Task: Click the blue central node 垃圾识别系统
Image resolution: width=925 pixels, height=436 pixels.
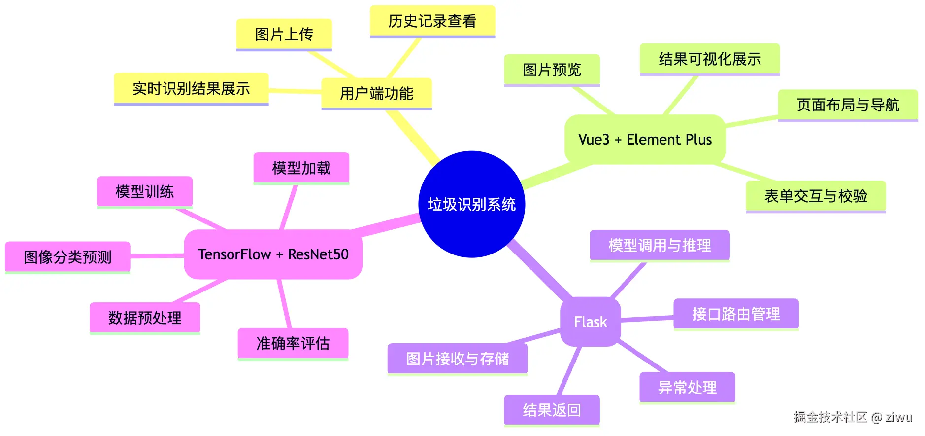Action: click(x=471, y=204)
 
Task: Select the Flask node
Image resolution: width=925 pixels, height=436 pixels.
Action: click(x=590, y=322)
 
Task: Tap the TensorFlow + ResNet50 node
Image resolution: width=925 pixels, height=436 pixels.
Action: click(x=273, y=254)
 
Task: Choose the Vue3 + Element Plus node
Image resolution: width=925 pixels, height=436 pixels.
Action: click(x=645, y=140)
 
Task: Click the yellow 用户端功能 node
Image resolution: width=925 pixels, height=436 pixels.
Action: click(x=376, y=93)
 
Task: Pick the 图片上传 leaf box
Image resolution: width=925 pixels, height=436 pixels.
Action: click(x=284, y=35)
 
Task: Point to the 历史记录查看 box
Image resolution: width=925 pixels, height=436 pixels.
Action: click(x=432, y=21)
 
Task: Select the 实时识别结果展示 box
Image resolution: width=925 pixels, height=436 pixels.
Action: click(x=191, y=89)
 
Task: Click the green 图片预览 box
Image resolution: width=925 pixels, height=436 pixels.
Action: click(x=552, y=70)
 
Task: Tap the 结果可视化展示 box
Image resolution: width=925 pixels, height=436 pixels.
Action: click(x=709, y=59)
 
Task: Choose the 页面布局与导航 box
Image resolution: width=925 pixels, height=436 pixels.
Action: click(x=848, y=105)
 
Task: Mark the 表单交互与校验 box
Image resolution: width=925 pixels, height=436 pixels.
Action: click(x=815, y=196)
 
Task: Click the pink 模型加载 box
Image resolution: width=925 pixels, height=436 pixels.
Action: click(x=301, y=168)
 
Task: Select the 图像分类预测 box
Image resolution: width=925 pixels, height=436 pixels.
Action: click(x=67, y=257)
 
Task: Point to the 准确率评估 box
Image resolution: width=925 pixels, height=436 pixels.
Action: click(x=293, y=343)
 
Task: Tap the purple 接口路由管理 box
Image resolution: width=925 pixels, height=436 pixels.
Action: click(x=736, y=314)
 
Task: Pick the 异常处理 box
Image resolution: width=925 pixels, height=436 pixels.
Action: click(x=687, y=387)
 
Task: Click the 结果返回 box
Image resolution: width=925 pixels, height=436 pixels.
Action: click(x=552, y=410)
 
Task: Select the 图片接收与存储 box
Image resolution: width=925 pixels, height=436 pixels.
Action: click(x=457, y=359)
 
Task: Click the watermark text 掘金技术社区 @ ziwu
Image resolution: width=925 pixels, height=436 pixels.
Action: click(x=853, y=417)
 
